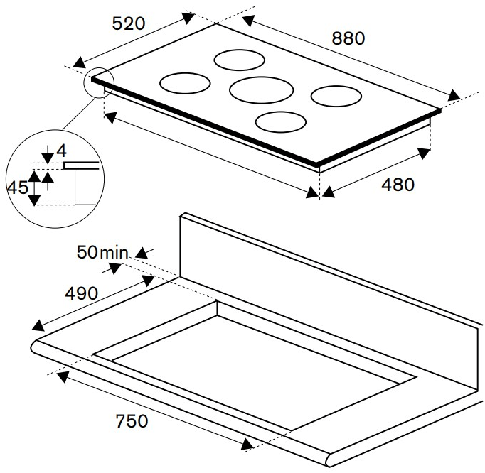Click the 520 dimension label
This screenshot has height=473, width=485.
click(129, 23)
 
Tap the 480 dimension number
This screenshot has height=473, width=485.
click(398, 185)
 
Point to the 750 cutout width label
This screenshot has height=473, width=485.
click(132, 420)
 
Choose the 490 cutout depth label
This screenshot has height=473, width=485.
click(81, 293)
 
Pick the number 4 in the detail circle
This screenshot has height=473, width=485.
click(61, 151)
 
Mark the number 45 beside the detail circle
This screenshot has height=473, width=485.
click(17, 188)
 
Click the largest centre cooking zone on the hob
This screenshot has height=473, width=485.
click(262, 90)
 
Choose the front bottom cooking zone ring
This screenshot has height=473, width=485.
click(280, 122)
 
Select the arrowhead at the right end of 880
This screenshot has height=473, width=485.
click(453, 95)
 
